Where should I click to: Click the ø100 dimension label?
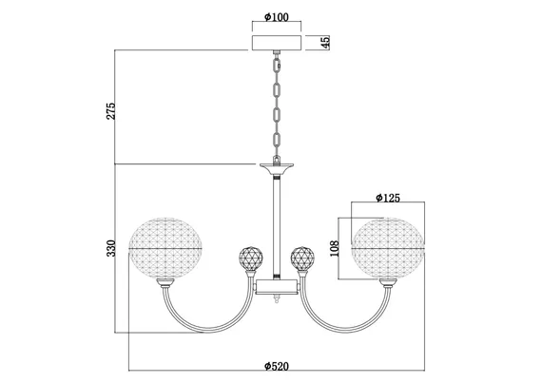pos(276,17)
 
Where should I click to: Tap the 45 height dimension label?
pos(325,42)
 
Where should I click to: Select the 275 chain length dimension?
pos(110,111)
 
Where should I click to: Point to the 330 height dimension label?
pos(110,248)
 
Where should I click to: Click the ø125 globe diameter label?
pos(388,198)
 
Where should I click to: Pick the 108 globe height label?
pos(335,249)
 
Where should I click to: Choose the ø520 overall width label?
pos(277,366)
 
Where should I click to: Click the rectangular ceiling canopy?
pos(277,43)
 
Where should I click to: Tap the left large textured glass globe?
pos(165,248)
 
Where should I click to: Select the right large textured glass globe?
pos(388,248)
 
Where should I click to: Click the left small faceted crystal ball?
pos(251,259)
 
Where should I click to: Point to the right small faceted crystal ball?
pos(302,259)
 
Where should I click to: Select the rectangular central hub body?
pos(277,287)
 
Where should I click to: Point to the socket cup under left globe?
pos(165,283)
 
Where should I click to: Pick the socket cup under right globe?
pos(388,283)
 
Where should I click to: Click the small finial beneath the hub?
pos(277,298)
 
